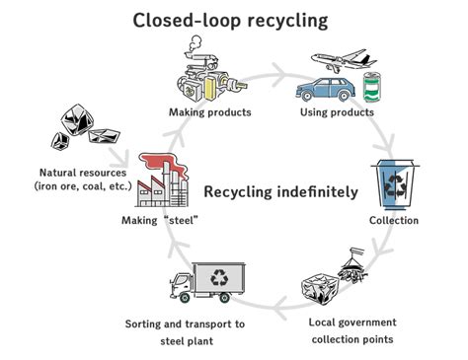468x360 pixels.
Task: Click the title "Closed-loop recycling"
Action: tap(232, 19)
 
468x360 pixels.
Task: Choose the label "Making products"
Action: tap(209, 112)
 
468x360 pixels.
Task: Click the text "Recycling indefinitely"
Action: tap(280, 191)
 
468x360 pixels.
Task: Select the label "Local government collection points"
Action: tap(352, 330)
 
